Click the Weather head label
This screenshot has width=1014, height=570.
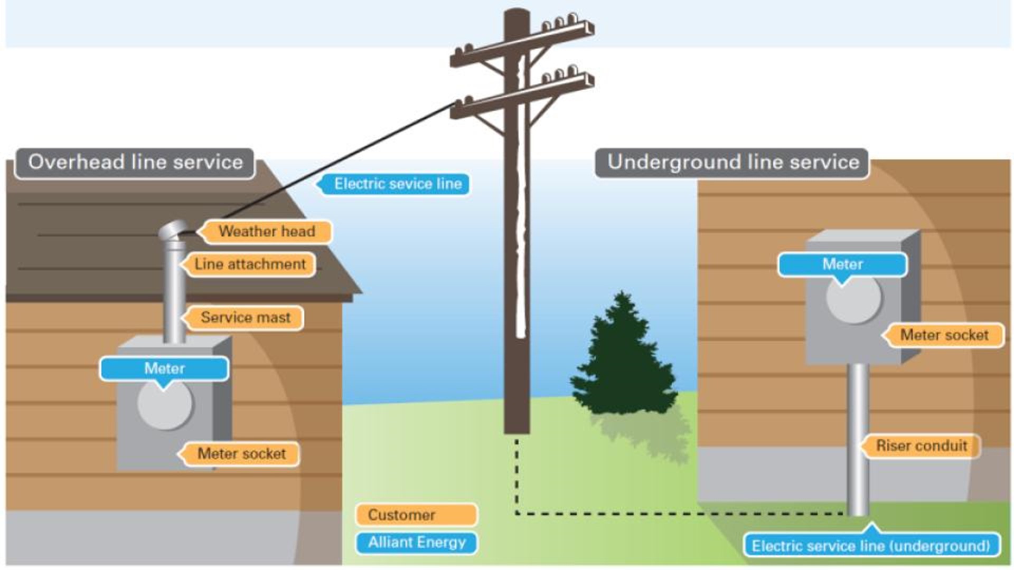(x=267, y=232)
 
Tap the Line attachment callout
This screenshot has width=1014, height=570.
(x=250, y=264)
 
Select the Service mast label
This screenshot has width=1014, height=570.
(x=245, y=318)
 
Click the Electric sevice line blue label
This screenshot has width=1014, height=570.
(x=397, y=184)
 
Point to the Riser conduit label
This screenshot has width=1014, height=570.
(x=922, y=446)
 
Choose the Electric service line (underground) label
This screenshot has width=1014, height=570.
(x=871, y=546)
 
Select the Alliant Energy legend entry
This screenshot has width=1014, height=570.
(x=416, y=543)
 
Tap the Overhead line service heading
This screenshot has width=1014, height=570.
(x=135, y=162)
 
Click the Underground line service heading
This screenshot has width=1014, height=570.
(x=733, y=162)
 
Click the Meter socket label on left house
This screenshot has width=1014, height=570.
(x=241, y=454)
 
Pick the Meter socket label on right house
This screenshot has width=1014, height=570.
(x=944, y=335)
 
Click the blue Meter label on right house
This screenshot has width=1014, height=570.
(x=842, y=264)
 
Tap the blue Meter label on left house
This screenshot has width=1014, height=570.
(x=164, y=368)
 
